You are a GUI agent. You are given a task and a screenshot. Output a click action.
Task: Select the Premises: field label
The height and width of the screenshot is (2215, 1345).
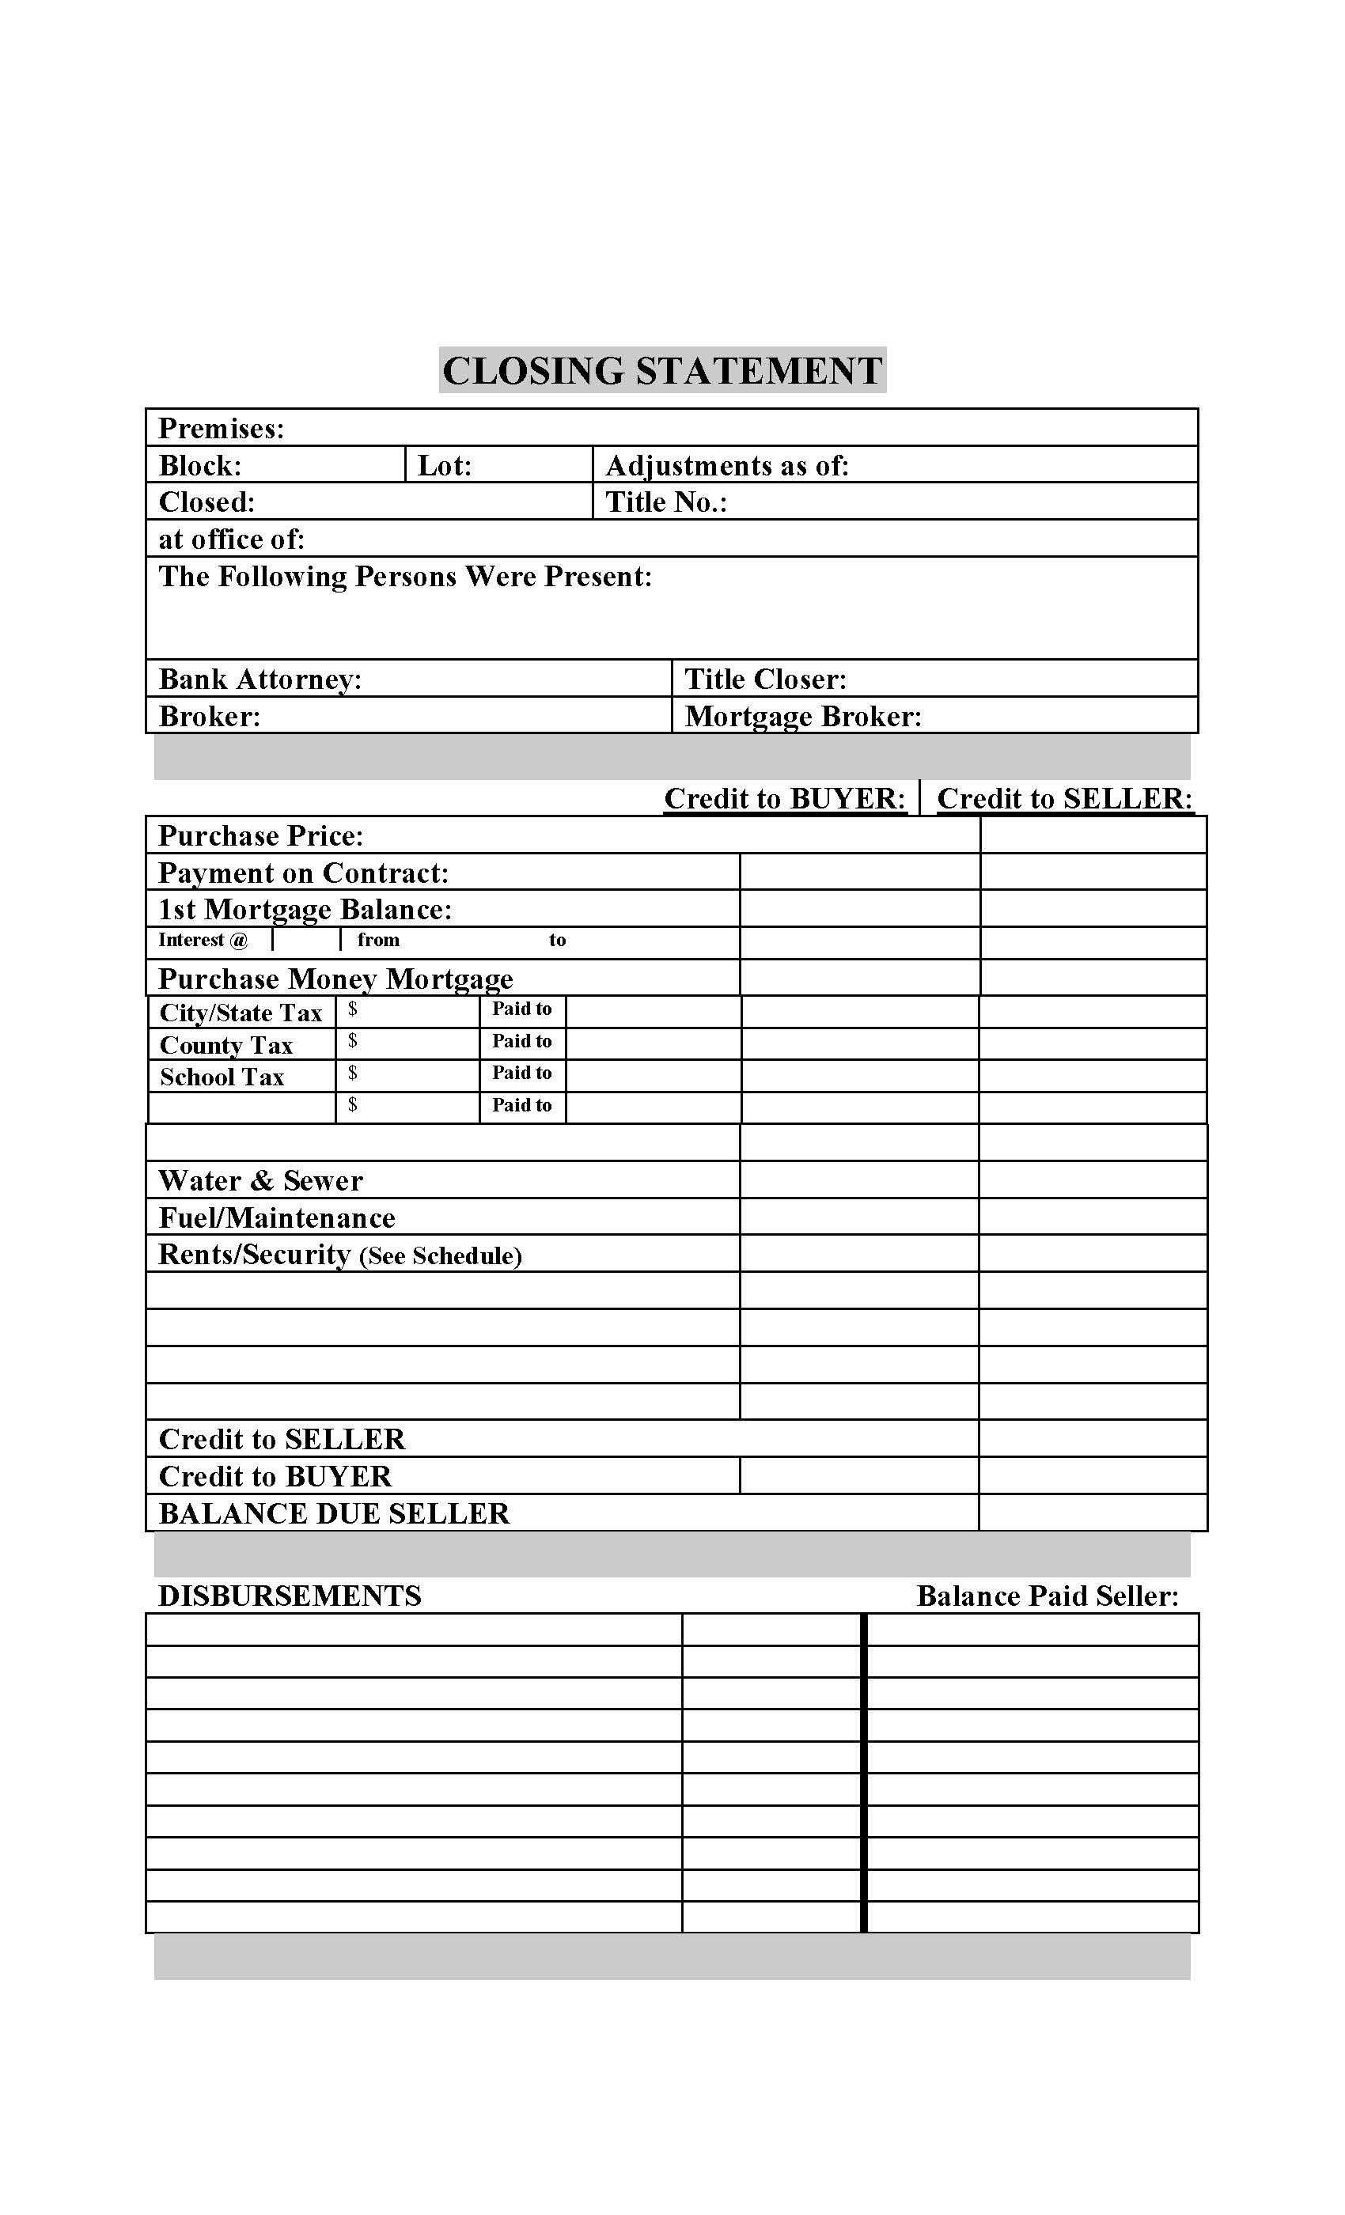(x=222, y=429)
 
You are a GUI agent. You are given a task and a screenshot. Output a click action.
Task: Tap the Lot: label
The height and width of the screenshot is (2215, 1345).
(x=444, y=466)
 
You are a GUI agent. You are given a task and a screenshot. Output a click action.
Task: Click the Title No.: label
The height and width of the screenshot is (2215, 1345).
(x=665, y=502)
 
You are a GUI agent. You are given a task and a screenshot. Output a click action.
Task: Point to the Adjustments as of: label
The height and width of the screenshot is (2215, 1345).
(x=726, y=466)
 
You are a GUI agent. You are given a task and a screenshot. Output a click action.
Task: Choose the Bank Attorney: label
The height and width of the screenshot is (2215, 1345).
(x=260, y=679)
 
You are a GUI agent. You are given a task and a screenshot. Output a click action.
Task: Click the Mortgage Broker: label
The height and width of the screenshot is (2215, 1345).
(x=803, y=717)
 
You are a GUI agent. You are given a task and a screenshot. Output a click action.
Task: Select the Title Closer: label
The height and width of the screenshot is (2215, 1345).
(x=765, y=679)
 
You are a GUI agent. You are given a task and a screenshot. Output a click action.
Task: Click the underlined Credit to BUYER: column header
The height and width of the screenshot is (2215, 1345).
(x=784, y=798)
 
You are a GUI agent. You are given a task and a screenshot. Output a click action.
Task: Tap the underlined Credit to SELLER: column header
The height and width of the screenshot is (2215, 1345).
(x=1064, y=798)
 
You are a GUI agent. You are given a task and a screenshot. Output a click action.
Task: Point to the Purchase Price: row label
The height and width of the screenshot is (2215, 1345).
(x=261, y=836)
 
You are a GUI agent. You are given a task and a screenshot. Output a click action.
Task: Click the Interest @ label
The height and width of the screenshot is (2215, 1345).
(x=203, y=941)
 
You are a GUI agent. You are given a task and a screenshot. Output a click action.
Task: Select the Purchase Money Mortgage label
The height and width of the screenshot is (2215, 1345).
(x=335, y=978)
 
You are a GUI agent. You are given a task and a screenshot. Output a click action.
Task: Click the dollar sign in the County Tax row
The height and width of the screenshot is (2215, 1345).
(x=352, y=1041)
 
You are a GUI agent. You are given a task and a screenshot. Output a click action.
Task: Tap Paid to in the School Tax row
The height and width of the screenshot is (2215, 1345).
(x=521, y=1073)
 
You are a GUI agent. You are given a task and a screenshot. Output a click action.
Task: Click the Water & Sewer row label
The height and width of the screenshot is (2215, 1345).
(x=261, y=1180)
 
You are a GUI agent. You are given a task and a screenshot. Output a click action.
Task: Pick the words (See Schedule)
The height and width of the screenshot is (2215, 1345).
(x=441, y=1256)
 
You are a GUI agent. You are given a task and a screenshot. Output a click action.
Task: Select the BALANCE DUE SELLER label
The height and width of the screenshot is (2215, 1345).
(x=334, y=1514)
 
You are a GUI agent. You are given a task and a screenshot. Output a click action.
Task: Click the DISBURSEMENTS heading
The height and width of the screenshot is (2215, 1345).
(x=290, y=1596)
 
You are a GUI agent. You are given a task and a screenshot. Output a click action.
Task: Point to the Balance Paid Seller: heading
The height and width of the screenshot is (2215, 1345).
(x=1047, y=1596)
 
